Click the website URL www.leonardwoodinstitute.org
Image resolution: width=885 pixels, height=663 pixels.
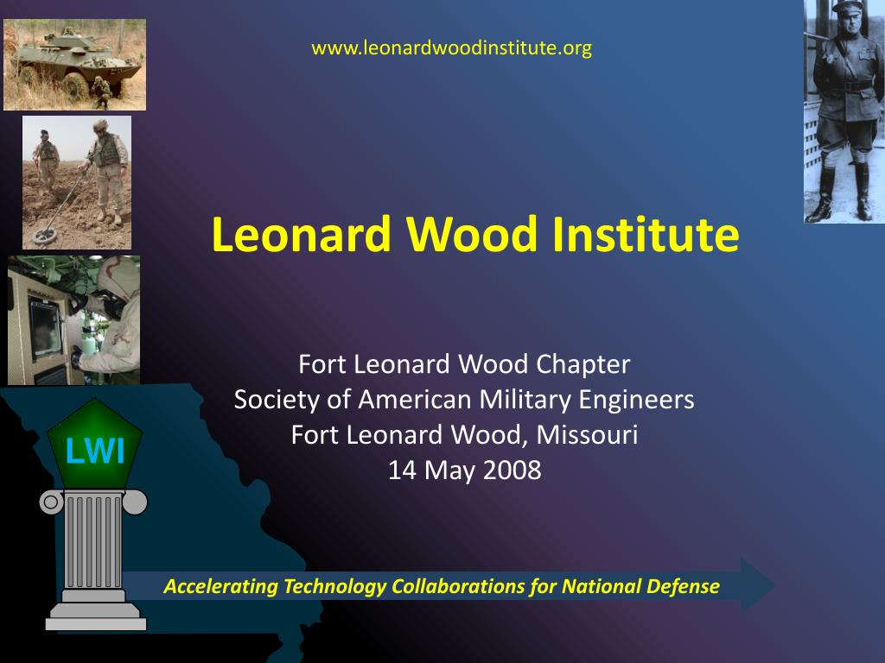[451, 48]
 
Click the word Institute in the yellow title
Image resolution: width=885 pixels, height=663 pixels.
[645, 234]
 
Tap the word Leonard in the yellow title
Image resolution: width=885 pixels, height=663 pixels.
[302, 234]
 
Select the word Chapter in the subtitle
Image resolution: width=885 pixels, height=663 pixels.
[583, 364]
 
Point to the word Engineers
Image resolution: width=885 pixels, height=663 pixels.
[636, 400]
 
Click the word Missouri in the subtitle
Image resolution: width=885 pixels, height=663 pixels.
[587, 435]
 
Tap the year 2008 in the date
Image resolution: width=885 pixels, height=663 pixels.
[512, 470]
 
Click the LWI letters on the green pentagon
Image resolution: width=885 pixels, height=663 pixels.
[95, 451]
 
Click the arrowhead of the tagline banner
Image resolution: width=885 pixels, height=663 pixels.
[757, 585]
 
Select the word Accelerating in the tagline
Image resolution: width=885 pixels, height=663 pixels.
[220, 587]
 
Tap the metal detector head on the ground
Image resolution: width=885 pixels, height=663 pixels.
[45, 235]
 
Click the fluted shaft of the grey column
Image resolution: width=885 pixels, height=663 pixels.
[93, 540]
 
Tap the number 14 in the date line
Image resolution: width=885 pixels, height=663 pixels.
[402, 470]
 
